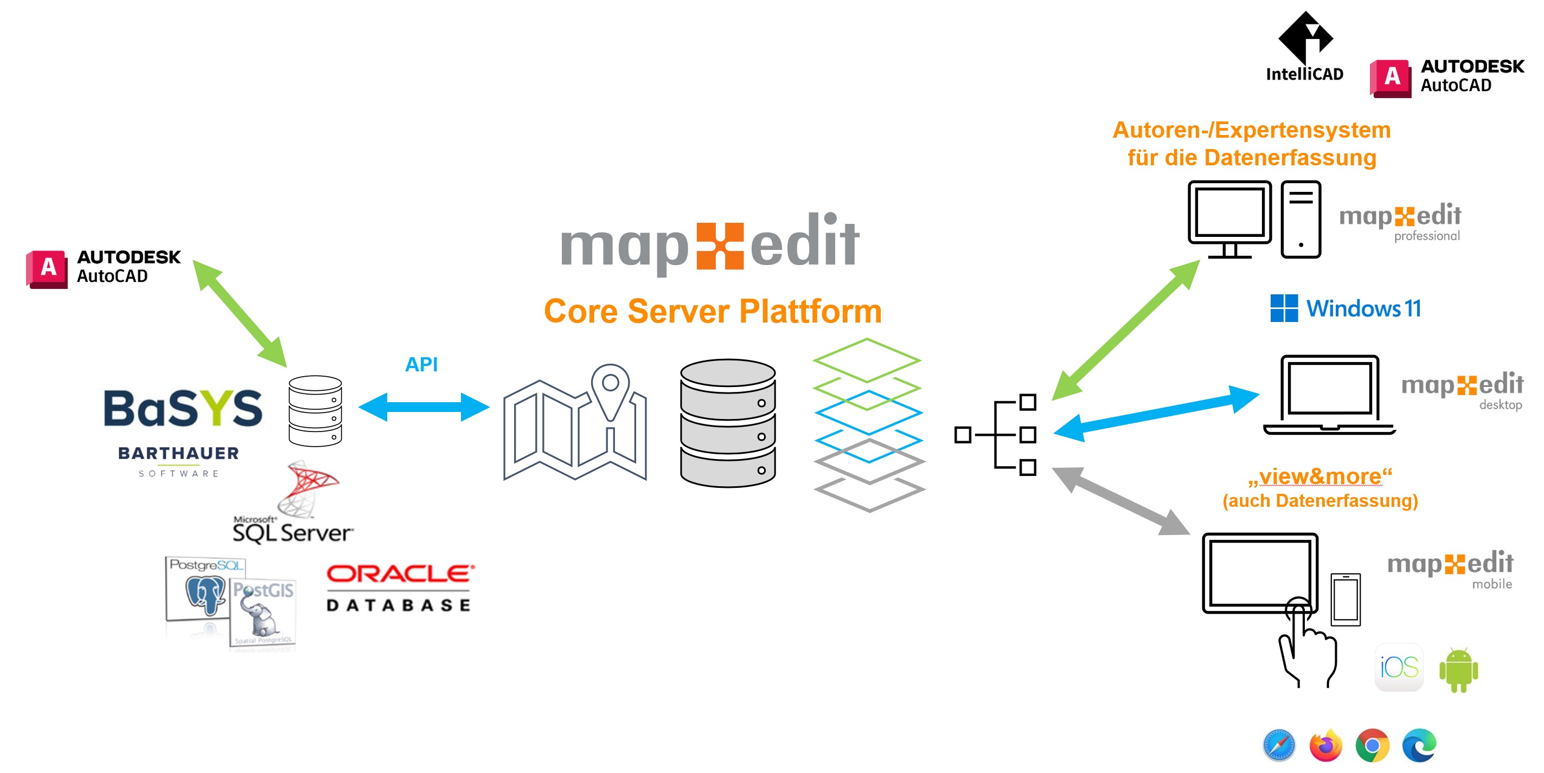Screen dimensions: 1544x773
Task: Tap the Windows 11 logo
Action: [x=1346, y=308]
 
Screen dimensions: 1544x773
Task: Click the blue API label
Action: [x=421, y=364]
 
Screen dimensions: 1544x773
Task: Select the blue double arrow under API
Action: [x=424, y=407]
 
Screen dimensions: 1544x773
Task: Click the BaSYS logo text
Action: [x=183, y=408]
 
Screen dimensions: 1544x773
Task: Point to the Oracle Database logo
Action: [x=400, y=587]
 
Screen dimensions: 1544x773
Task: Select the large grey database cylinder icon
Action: [x=728, y=423]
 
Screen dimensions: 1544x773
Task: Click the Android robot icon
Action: [x=1458, y=670]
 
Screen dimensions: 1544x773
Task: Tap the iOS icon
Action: [x=1399, y=667]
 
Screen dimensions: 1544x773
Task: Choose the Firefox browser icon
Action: [x=1326, y=745]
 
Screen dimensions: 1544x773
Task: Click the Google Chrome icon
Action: [x=1373, y=745]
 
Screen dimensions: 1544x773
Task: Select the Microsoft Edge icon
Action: [x=1419, y=745]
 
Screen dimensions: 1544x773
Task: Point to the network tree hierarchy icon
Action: [x=995, y=434]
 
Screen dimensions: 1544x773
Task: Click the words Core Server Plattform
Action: [x=713, y=311]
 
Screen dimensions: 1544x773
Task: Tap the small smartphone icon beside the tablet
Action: [x=1346, y=599]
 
